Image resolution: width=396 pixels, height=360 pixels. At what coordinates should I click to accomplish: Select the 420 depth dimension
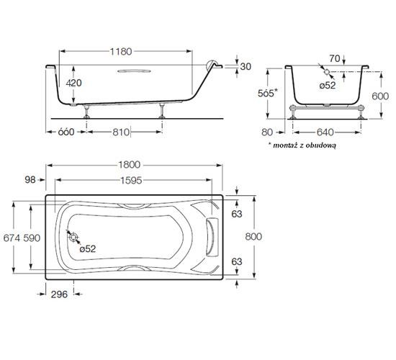pos(72,83)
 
